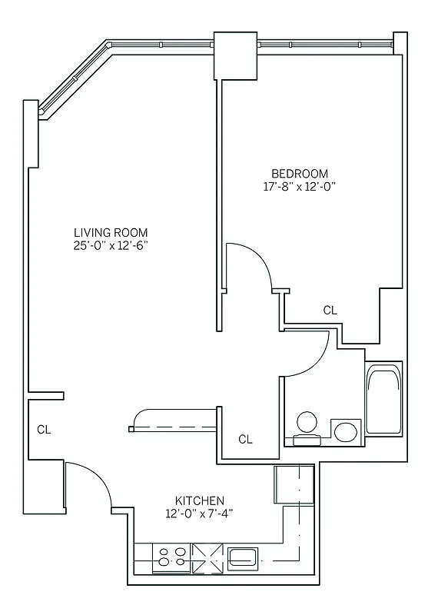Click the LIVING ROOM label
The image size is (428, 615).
click(x=111, y=232)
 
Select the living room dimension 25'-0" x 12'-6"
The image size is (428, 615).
click(x=111, y=246)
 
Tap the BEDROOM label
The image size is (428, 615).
click(x=300, y=173)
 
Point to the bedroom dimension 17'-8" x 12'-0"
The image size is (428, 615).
click(x=300, y=187)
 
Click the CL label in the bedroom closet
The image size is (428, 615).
click(x=330, y=311)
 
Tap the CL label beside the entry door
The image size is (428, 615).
click(x=44, y=430)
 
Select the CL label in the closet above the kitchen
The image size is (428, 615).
click(x=245, y=440)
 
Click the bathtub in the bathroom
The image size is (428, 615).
click(x=383, y=401)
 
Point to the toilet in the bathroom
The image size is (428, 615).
click(x=307, y=427)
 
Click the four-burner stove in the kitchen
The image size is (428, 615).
click(x=171, y=557)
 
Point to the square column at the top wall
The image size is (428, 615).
click(x=234, y=55)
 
